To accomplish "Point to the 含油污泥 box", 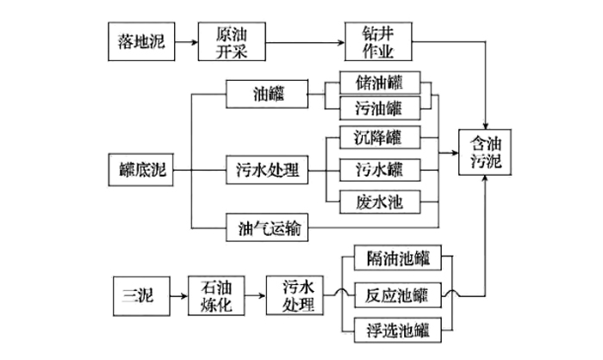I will point(483,151).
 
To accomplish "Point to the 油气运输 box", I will point(266,229).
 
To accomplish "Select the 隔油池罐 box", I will point(398,259).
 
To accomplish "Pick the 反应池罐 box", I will point(398,294).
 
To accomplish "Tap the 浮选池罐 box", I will point(398,328).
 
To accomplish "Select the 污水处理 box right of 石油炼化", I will point(294,294).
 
